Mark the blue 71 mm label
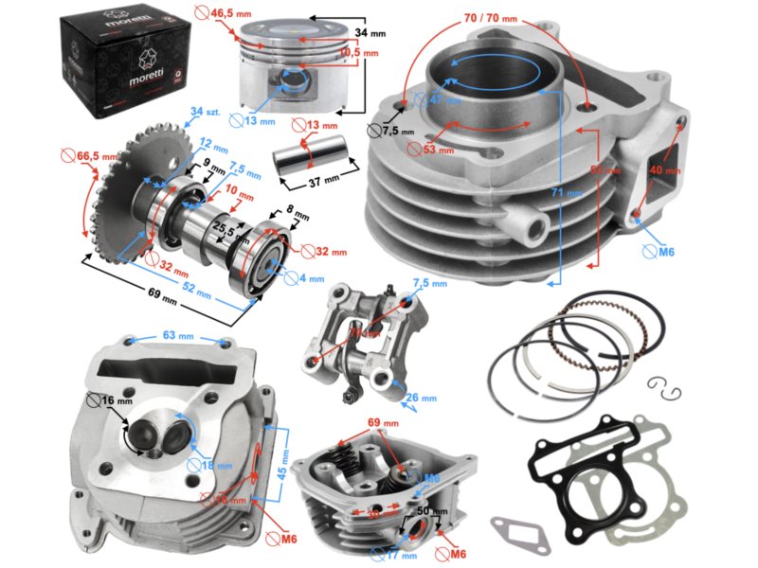(572, 194)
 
